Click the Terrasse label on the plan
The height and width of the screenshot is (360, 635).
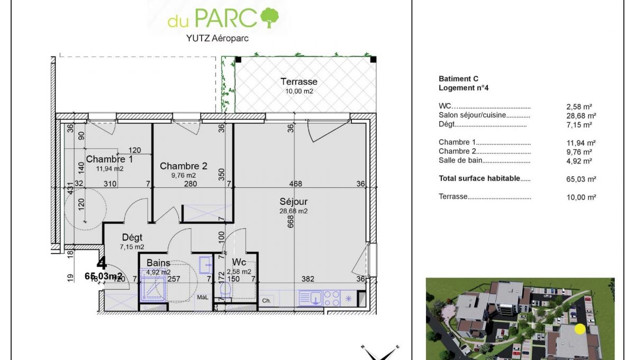[299, 82]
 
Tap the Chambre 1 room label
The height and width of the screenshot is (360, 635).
[109, 159]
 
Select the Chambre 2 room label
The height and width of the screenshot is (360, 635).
[184, 166]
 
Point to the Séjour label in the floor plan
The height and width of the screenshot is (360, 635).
[293, 201]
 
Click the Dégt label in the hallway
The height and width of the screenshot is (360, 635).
[132, 238]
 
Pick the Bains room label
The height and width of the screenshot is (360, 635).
[158, 263]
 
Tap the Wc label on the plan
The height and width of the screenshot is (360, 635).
[239, 262]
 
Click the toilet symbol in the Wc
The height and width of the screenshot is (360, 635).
[225, 289]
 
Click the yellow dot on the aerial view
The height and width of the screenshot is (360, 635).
[580, 329]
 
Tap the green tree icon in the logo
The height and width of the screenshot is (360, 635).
[269, 17]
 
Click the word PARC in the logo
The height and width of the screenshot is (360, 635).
[226, 18]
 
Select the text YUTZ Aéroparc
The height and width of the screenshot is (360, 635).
[217, 38]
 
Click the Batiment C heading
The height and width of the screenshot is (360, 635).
[458, 78]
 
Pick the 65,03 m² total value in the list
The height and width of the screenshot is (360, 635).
[581, 179]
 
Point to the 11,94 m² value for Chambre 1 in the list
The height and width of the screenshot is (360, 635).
[581, 143]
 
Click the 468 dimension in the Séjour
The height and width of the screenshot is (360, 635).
[296, 184]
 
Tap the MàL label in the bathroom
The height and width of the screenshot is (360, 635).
[203, 298]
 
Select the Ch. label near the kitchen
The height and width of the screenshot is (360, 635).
[267, 301]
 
